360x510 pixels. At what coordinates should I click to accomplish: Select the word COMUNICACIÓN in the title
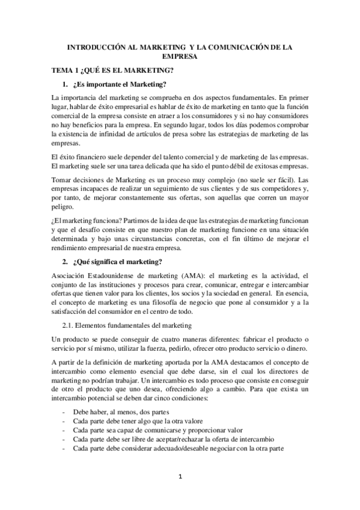point(248,46)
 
